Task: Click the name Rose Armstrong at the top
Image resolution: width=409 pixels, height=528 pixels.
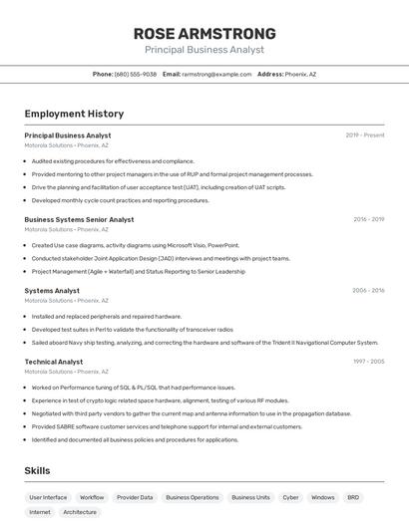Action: point(204,34)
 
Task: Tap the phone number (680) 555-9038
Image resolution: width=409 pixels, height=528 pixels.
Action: point(136,74)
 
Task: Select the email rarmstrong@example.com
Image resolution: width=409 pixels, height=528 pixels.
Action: point(216,74)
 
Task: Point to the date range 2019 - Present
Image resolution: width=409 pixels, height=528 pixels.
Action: point(365,134)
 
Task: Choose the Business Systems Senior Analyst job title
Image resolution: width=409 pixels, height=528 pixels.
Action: point(79,219)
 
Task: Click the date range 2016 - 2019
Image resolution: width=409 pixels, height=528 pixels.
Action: point(368,219)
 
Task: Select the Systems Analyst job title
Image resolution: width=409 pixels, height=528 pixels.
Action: point(52,291)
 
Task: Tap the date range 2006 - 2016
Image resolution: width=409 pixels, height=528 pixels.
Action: point(368,291)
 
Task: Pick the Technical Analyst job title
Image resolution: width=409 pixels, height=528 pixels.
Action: point(54,362)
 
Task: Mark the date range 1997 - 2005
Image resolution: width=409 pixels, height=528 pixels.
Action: point(368,362)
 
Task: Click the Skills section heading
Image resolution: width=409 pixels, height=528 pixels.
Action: point(37,470)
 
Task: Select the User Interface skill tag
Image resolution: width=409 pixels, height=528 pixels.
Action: point(48,497)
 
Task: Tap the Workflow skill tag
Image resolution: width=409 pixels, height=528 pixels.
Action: point(92,497)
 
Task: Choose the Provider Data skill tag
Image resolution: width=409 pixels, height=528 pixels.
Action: point(135,497)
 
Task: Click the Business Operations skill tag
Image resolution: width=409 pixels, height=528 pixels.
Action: point(192,497)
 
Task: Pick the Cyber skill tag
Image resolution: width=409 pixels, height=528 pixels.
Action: point(290,497)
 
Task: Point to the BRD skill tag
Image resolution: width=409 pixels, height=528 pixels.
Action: point(353,497)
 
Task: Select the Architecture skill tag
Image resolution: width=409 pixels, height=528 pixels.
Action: point(80,512)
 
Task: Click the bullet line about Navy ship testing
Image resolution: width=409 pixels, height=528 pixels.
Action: point(204,342)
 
